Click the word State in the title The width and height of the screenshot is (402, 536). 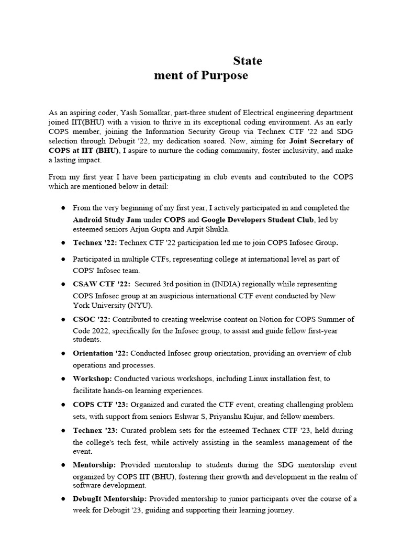pyautogui.click(x=248, y=61)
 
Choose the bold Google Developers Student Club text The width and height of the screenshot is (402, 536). pyautogui.click(x=257, y=219)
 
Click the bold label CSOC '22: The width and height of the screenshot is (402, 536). pyautogui.click(x=92, y=319)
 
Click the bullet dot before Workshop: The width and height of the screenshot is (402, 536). pyautogui.click(x=62, y=378)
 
